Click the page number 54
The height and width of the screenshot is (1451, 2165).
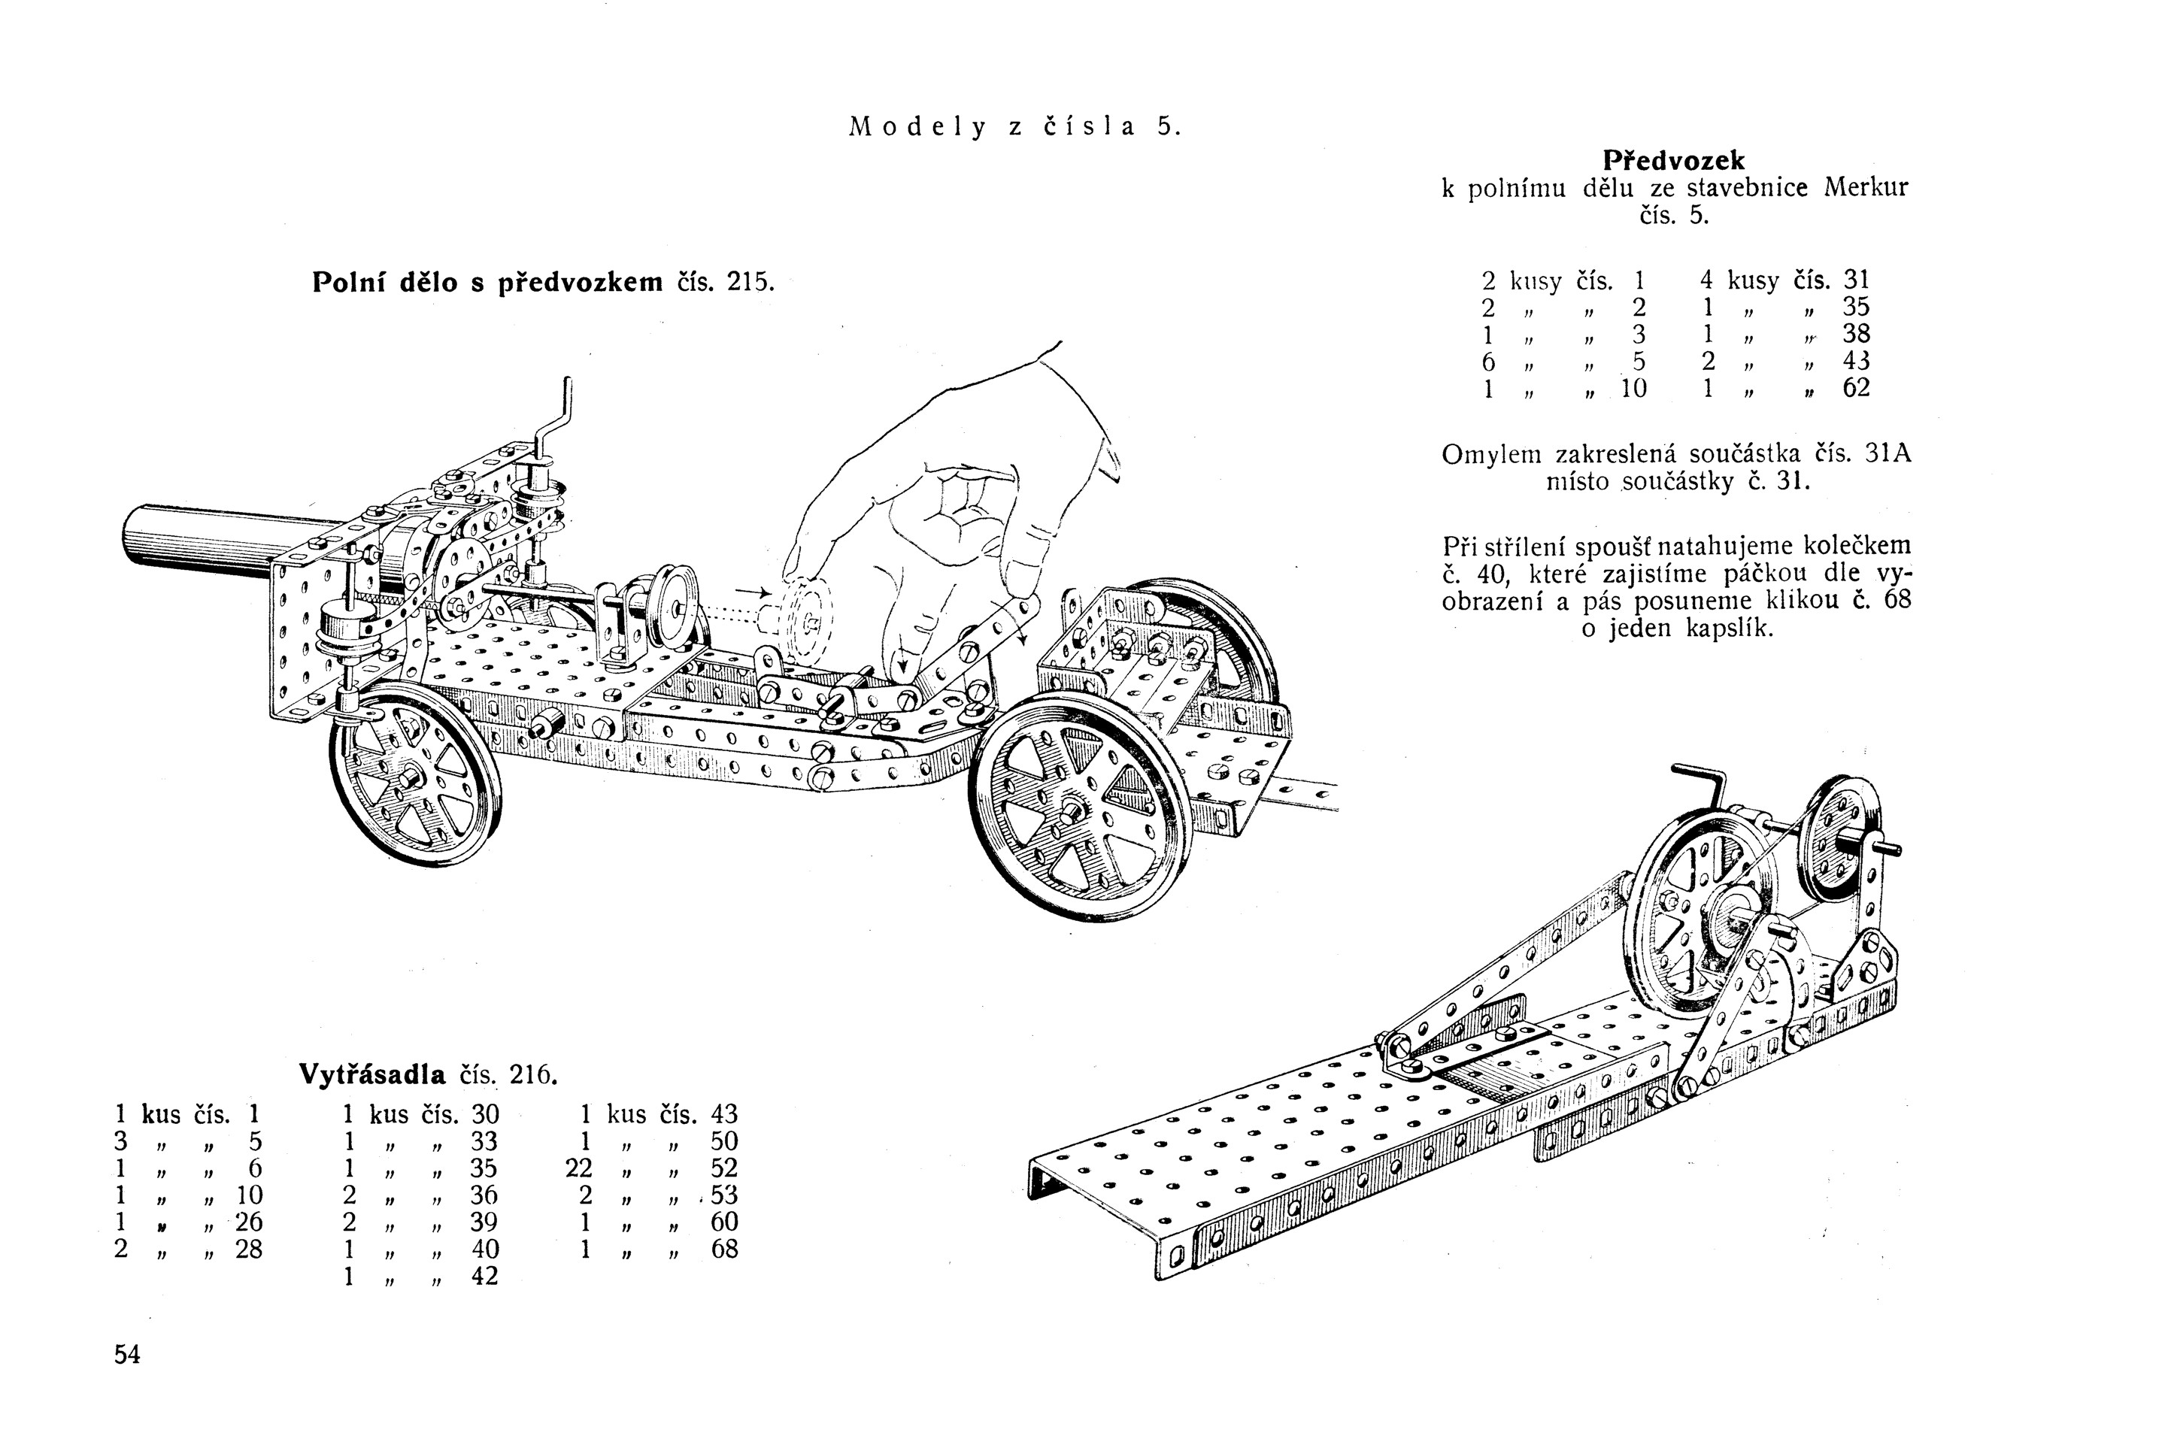[x=127, y=1355]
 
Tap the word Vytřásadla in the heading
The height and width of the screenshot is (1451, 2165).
[x=372, y=1074]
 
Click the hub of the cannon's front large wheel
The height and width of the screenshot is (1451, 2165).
[x=1071, y=810]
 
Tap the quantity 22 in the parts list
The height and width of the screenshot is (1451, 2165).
[x=578, y=1168]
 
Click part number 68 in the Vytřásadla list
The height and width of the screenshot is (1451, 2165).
[x=724, y=1250]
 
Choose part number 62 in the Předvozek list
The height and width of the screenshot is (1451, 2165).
[x=1856, y=387]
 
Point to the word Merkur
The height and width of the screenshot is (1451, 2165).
[x=1865, y=188]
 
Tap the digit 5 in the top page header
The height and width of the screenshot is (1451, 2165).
[x=1163, y=127]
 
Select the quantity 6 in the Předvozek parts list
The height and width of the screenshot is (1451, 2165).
[x=1488, y=361]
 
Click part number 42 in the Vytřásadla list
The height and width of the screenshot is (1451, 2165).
[x=484, y=1276]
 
